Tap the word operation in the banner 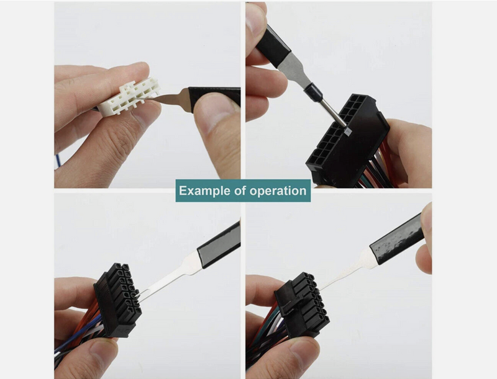[278, 190]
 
